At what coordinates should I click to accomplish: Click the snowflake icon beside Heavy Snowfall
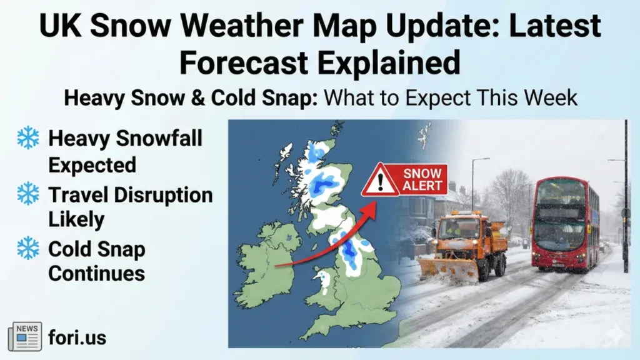pyautogui.click(x=28, y=137)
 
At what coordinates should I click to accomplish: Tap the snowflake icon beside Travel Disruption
pyautogui.click(x=28, y=194)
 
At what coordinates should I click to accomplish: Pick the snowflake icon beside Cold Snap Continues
pyautogui.click(x=28, y=248)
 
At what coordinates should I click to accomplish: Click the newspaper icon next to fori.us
pyautogui.click(x=25, y=337)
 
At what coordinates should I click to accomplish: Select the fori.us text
pyautogui.click(x=77, y=338)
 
